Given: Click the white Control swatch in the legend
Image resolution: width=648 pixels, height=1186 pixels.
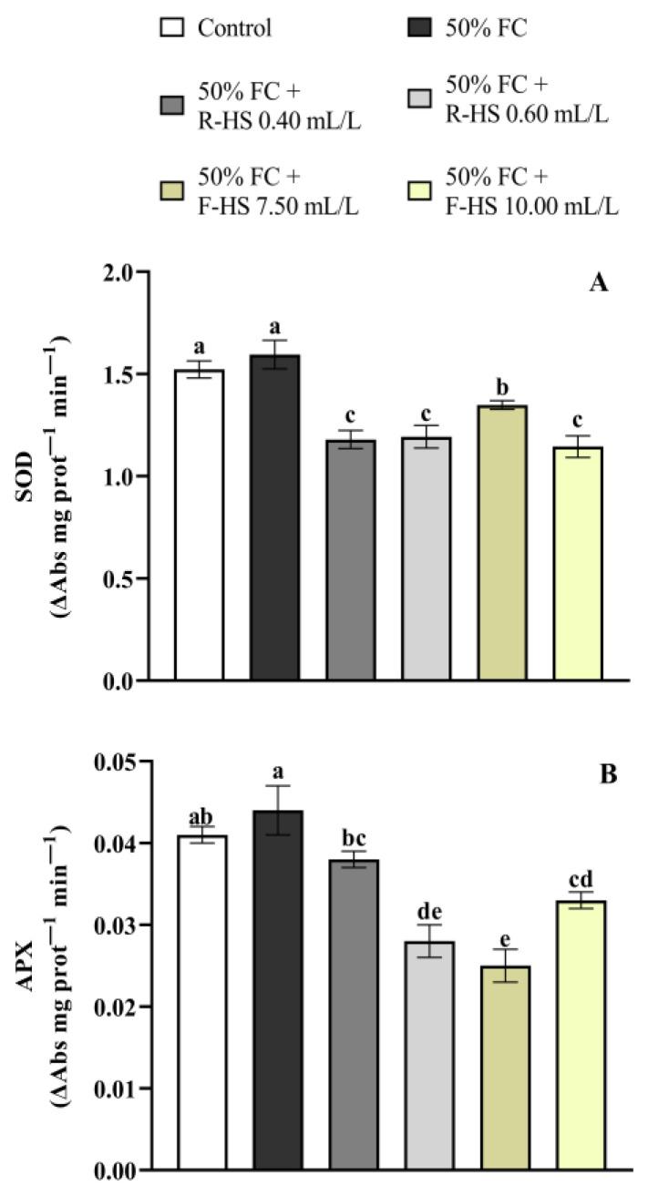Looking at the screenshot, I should [174, 28].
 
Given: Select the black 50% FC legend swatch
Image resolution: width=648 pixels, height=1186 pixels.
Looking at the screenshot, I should [423, 28].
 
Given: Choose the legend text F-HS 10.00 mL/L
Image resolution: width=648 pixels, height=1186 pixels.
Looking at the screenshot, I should [531, 207].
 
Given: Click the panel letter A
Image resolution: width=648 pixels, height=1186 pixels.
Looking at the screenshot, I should [598, 283].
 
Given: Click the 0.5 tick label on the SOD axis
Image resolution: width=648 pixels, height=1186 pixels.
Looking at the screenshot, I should [118, 578].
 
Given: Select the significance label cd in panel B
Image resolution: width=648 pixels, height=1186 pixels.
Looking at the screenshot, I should [581, 878].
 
